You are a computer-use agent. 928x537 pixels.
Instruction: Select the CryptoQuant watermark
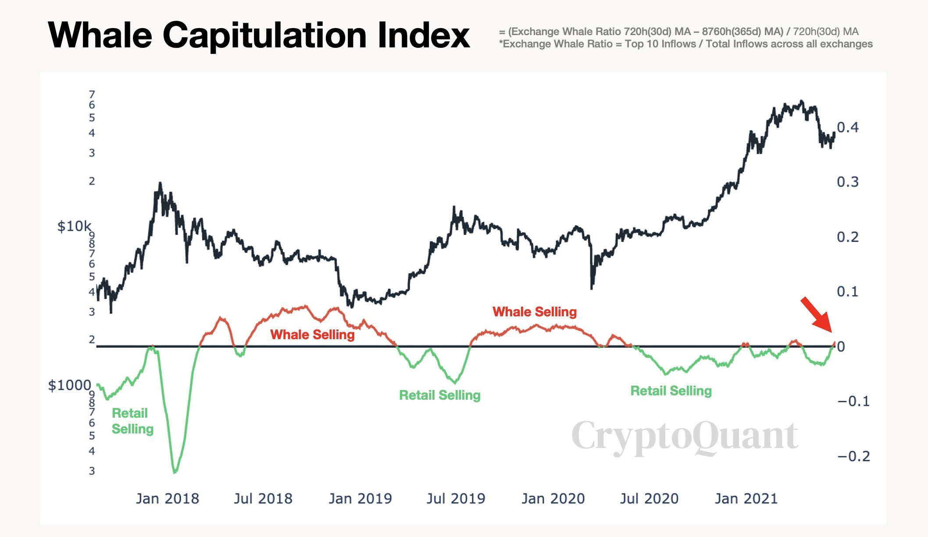point(685,436)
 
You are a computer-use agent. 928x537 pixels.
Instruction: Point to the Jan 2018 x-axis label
point(167,499)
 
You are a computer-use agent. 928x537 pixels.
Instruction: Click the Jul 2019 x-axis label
point(456,499)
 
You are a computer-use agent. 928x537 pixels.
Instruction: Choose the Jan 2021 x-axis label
point(746,499)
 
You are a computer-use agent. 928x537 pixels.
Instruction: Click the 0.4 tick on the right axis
point(847,128)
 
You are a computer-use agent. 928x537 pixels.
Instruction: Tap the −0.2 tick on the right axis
point(853,456)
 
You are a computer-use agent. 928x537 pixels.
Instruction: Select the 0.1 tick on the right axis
point(847,292)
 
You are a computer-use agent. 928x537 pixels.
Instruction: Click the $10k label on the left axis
point(74,226)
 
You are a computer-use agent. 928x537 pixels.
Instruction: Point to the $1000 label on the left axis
point(69,385)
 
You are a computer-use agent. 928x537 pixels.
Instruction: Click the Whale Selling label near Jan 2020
point(535,312)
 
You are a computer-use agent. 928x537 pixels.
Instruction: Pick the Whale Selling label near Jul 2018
point(312,335)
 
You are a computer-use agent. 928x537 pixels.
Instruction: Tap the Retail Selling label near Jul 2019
point(439,395)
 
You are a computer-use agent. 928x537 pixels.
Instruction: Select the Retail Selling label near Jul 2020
point(671,391)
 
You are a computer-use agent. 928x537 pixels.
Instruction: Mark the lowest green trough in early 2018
point(175,472)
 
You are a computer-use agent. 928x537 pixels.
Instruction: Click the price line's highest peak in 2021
point(801,101)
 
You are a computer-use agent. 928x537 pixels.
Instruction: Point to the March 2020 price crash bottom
point(592,288)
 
